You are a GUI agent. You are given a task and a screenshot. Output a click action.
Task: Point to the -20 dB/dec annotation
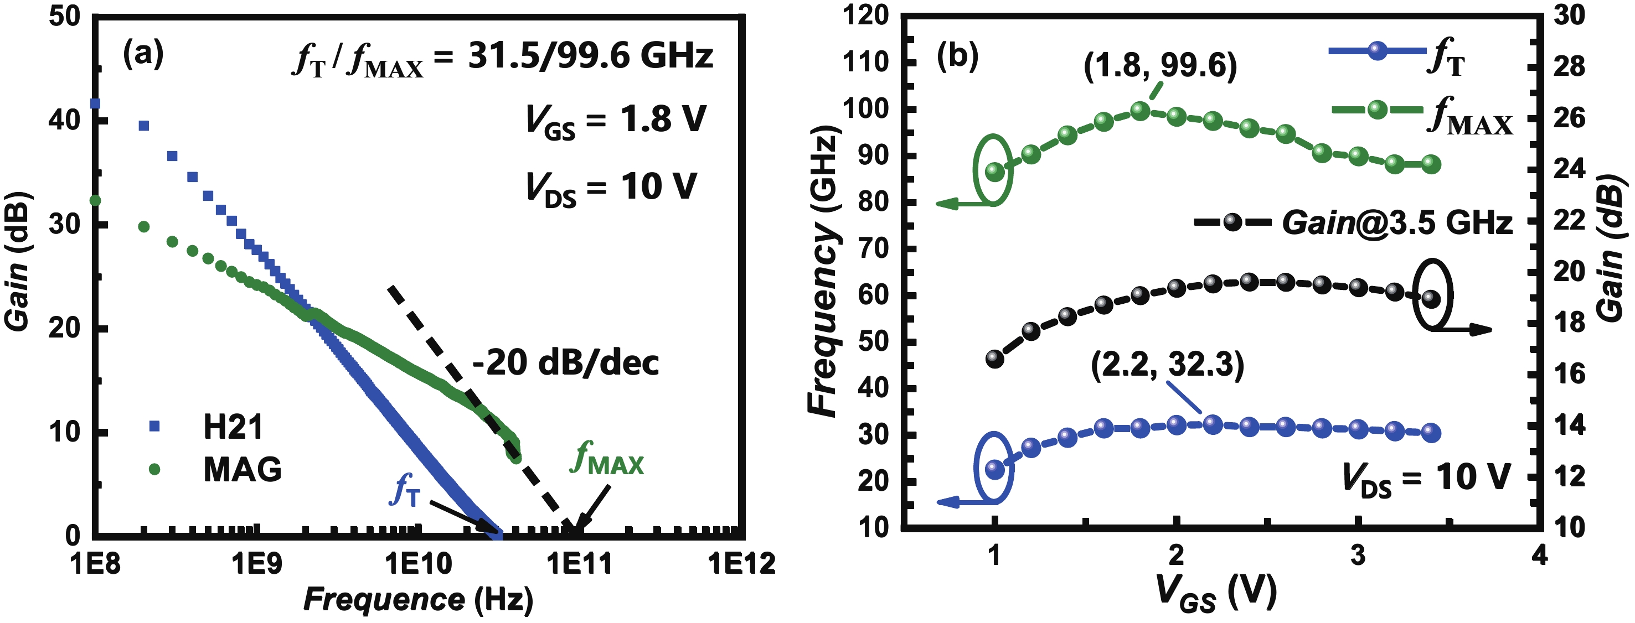(x=565, y=363)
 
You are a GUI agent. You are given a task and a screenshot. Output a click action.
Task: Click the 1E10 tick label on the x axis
(x=417, y=563)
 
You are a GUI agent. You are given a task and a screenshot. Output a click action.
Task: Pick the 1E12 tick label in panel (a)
(x=741, y=563)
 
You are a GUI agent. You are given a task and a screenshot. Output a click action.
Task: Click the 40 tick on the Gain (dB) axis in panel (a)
(x=65, y=120)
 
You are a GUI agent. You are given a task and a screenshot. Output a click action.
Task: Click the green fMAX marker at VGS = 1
(x=994, y=172)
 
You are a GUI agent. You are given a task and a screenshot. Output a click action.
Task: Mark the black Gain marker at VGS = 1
(x=994, y=359)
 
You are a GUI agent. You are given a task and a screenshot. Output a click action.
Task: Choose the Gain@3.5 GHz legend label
(x=1397, y=222)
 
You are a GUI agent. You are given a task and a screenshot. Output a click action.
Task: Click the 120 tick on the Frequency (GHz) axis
(x=866, y=15)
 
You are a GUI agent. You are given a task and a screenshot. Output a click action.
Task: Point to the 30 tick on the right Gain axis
(x=1569, y=15)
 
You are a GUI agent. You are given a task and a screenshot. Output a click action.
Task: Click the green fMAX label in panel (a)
(x=607, y=459)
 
